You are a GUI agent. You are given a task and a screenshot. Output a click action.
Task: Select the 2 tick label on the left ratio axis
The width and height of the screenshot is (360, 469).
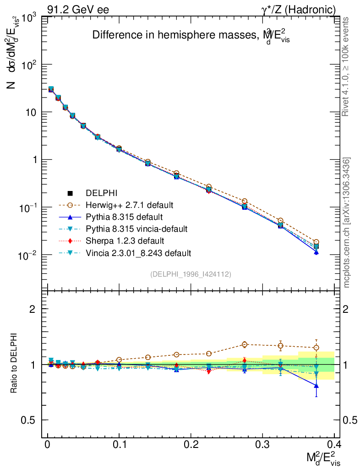tap(32, 309)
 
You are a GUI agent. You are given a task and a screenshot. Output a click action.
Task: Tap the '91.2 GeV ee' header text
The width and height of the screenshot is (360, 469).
tap(78, 10)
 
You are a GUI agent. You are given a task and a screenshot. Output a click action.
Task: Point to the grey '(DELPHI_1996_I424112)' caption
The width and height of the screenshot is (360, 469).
tap(190, 274)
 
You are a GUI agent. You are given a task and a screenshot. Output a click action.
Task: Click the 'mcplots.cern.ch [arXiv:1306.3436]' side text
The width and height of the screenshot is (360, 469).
tap(347, 223)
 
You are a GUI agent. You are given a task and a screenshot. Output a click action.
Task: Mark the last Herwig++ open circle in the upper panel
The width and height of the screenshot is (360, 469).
tap(316, 242)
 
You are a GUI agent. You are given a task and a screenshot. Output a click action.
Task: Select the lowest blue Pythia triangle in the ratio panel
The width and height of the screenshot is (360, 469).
tap(316, 386)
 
